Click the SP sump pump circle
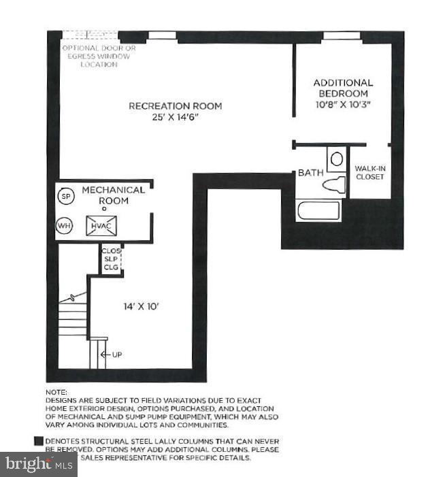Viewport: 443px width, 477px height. (x=66, y=197)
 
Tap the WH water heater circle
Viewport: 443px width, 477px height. (x=65, y=225)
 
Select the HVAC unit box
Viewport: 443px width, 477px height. (x=101, y=226)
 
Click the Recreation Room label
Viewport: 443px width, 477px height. (x=176, y=106)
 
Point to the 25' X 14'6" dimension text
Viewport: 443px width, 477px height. (x=176, y=117)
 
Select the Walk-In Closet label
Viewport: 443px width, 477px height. (x=370, y=172)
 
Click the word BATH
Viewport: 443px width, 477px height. (x=310, y=173)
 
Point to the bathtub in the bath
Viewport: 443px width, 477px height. (x=318, y=210)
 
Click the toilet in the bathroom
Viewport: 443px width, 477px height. (x=335, y=184)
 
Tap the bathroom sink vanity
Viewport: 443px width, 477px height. (x=336, y=161)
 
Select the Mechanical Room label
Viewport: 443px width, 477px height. (x=114, y=195)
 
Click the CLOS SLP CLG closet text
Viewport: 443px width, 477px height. (x=110, y=259)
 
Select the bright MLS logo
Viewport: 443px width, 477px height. (x=39, y=465)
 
